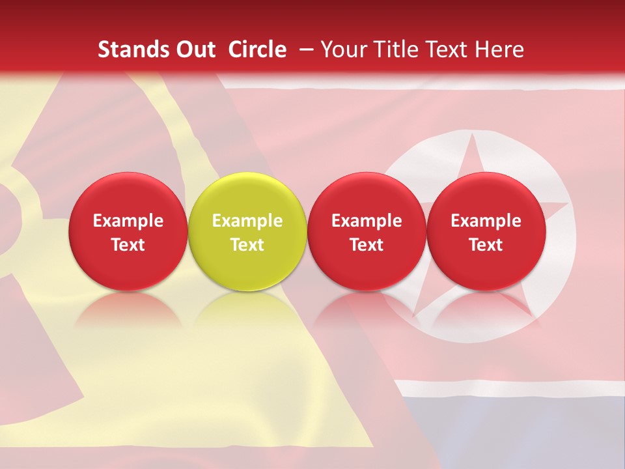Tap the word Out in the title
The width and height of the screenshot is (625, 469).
coord(194,50)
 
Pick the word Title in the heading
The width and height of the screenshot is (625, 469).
coord(399,50)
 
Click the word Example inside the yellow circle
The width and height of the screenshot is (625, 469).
coord(247,221)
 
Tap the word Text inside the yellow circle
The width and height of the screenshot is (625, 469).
coord(247,245)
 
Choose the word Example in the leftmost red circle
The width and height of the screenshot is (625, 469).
coord(128,221)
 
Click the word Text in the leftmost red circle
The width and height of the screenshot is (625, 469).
coord(128,245)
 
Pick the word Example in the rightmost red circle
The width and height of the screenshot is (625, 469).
coord(486,221)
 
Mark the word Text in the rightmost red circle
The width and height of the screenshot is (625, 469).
coord(486,245)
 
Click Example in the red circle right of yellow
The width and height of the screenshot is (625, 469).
coord(367,221)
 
